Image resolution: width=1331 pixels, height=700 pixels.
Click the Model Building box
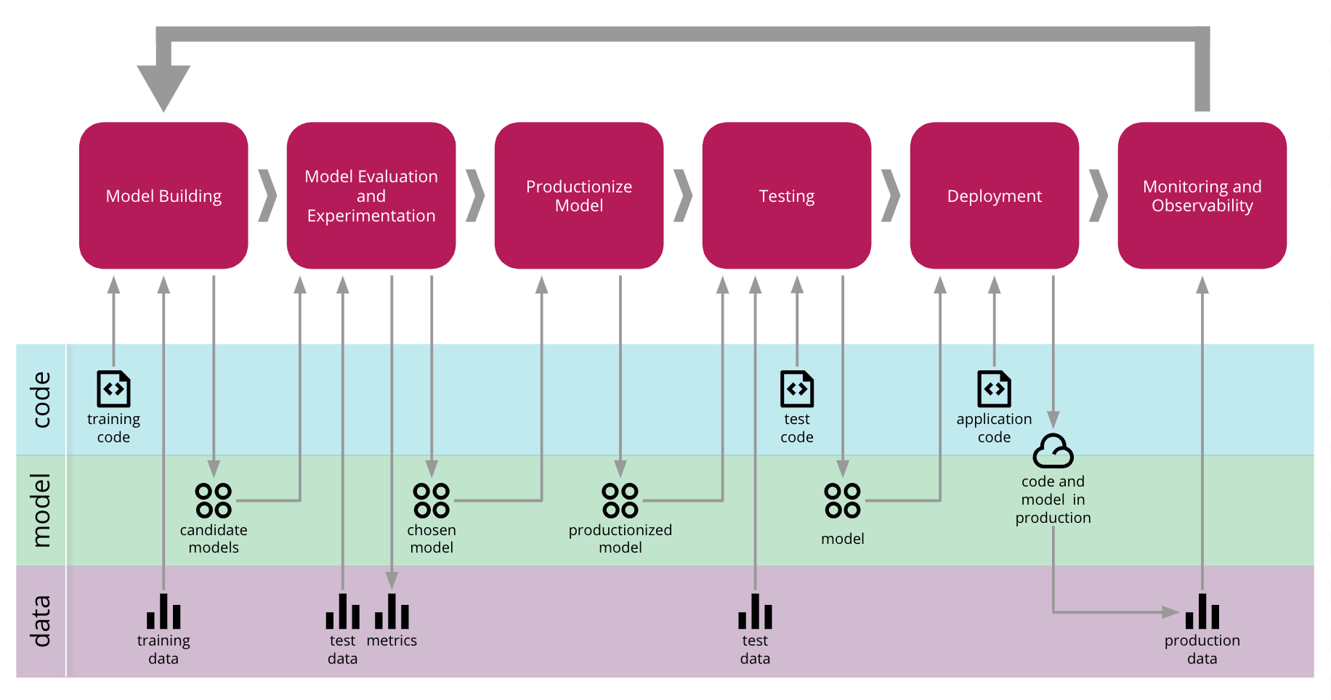coord(163,195)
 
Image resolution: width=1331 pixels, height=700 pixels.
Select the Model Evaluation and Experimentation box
coord(371,195)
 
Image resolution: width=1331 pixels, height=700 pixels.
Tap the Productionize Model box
coord(579,195)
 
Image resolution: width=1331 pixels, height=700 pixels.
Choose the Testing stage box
coord(787,195)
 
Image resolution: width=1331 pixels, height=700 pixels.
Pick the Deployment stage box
coord(994,195)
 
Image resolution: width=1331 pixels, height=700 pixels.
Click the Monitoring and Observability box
coord(1202,195)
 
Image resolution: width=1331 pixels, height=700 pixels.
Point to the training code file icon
coord(113,388)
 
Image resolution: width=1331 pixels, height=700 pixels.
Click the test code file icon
coord(797,388)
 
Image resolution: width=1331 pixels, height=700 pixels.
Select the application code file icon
coord(994,388)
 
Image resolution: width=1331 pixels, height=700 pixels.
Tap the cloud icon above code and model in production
coord(1053,452)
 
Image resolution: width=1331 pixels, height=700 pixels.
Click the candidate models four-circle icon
coord(214,500)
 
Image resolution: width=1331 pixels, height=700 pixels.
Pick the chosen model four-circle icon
coord(432,500)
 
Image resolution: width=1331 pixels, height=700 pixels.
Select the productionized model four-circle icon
coord(620,500)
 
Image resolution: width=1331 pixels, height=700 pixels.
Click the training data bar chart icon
coord(163,611)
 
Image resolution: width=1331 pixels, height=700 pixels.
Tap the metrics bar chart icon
coord(392,611)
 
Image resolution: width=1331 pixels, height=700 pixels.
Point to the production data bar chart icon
coord(1202,611)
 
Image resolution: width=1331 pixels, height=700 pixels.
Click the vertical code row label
coord(41,399)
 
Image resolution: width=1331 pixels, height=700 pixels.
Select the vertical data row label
coord(41,621)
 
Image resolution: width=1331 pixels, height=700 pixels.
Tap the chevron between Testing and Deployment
coord(891,195)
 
